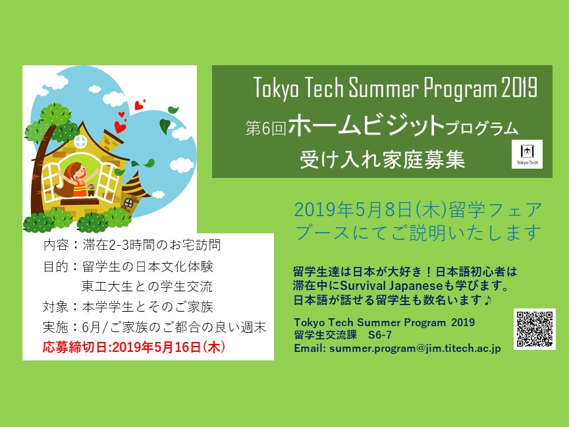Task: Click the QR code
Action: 535,329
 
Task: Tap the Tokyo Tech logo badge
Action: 527,154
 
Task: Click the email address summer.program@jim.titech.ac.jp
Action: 415,348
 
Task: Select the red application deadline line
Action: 134,347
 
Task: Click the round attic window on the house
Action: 80,142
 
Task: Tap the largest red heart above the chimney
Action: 120,127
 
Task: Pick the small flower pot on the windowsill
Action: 91,190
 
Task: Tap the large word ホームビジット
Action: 367,125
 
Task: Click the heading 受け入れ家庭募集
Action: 382,159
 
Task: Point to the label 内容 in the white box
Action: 55,244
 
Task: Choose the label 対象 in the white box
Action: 55,307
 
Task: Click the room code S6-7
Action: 379,335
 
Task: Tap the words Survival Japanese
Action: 392,286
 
